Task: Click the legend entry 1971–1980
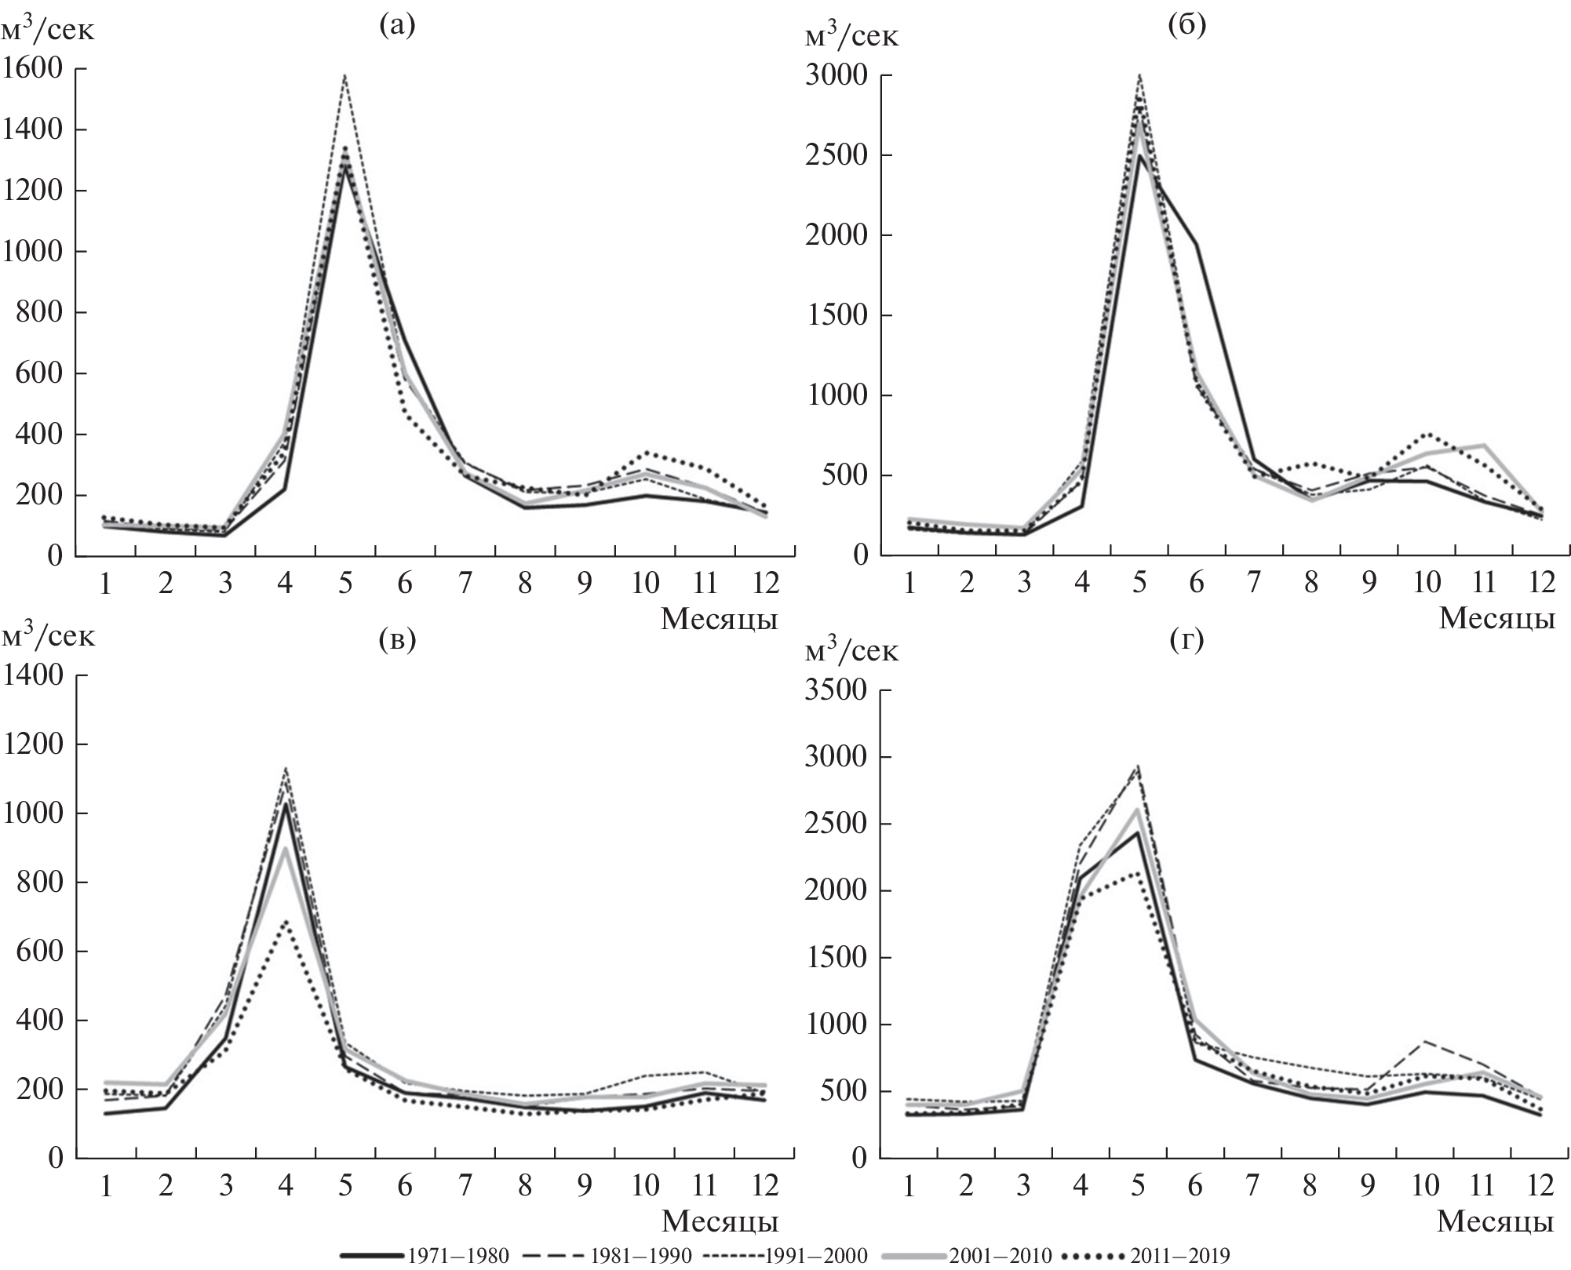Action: click(x=425, y=1256)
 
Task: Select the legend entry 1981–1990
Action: click(x=605, y=1256)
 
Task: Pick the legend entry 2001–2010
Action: click(x=966, y=1256)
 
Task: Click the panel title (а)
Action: click(x=396, y=26)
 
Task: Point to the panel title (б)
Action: click(x=1186, y=26)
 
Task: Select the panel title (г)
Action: click(x=1186, y=641)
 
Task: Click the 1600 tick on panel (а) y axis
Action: click(x=32, y=69)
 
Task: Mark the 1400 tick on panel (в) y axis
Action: click(x=32, y=675)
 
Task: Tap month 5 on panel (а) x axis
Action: click(x=345, y=584)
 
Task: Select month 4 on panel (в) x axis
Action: click(x=285, y=1185)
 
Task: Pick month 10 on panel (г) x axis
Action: click(x=1427, y=1185)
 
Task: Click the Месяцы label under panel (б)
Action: click(x=1496, y=619)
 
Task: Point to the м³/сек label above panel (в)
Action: click(x=49, y=635)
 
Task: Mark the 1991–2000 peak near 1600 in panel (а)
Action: click(x=345, y=75)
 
